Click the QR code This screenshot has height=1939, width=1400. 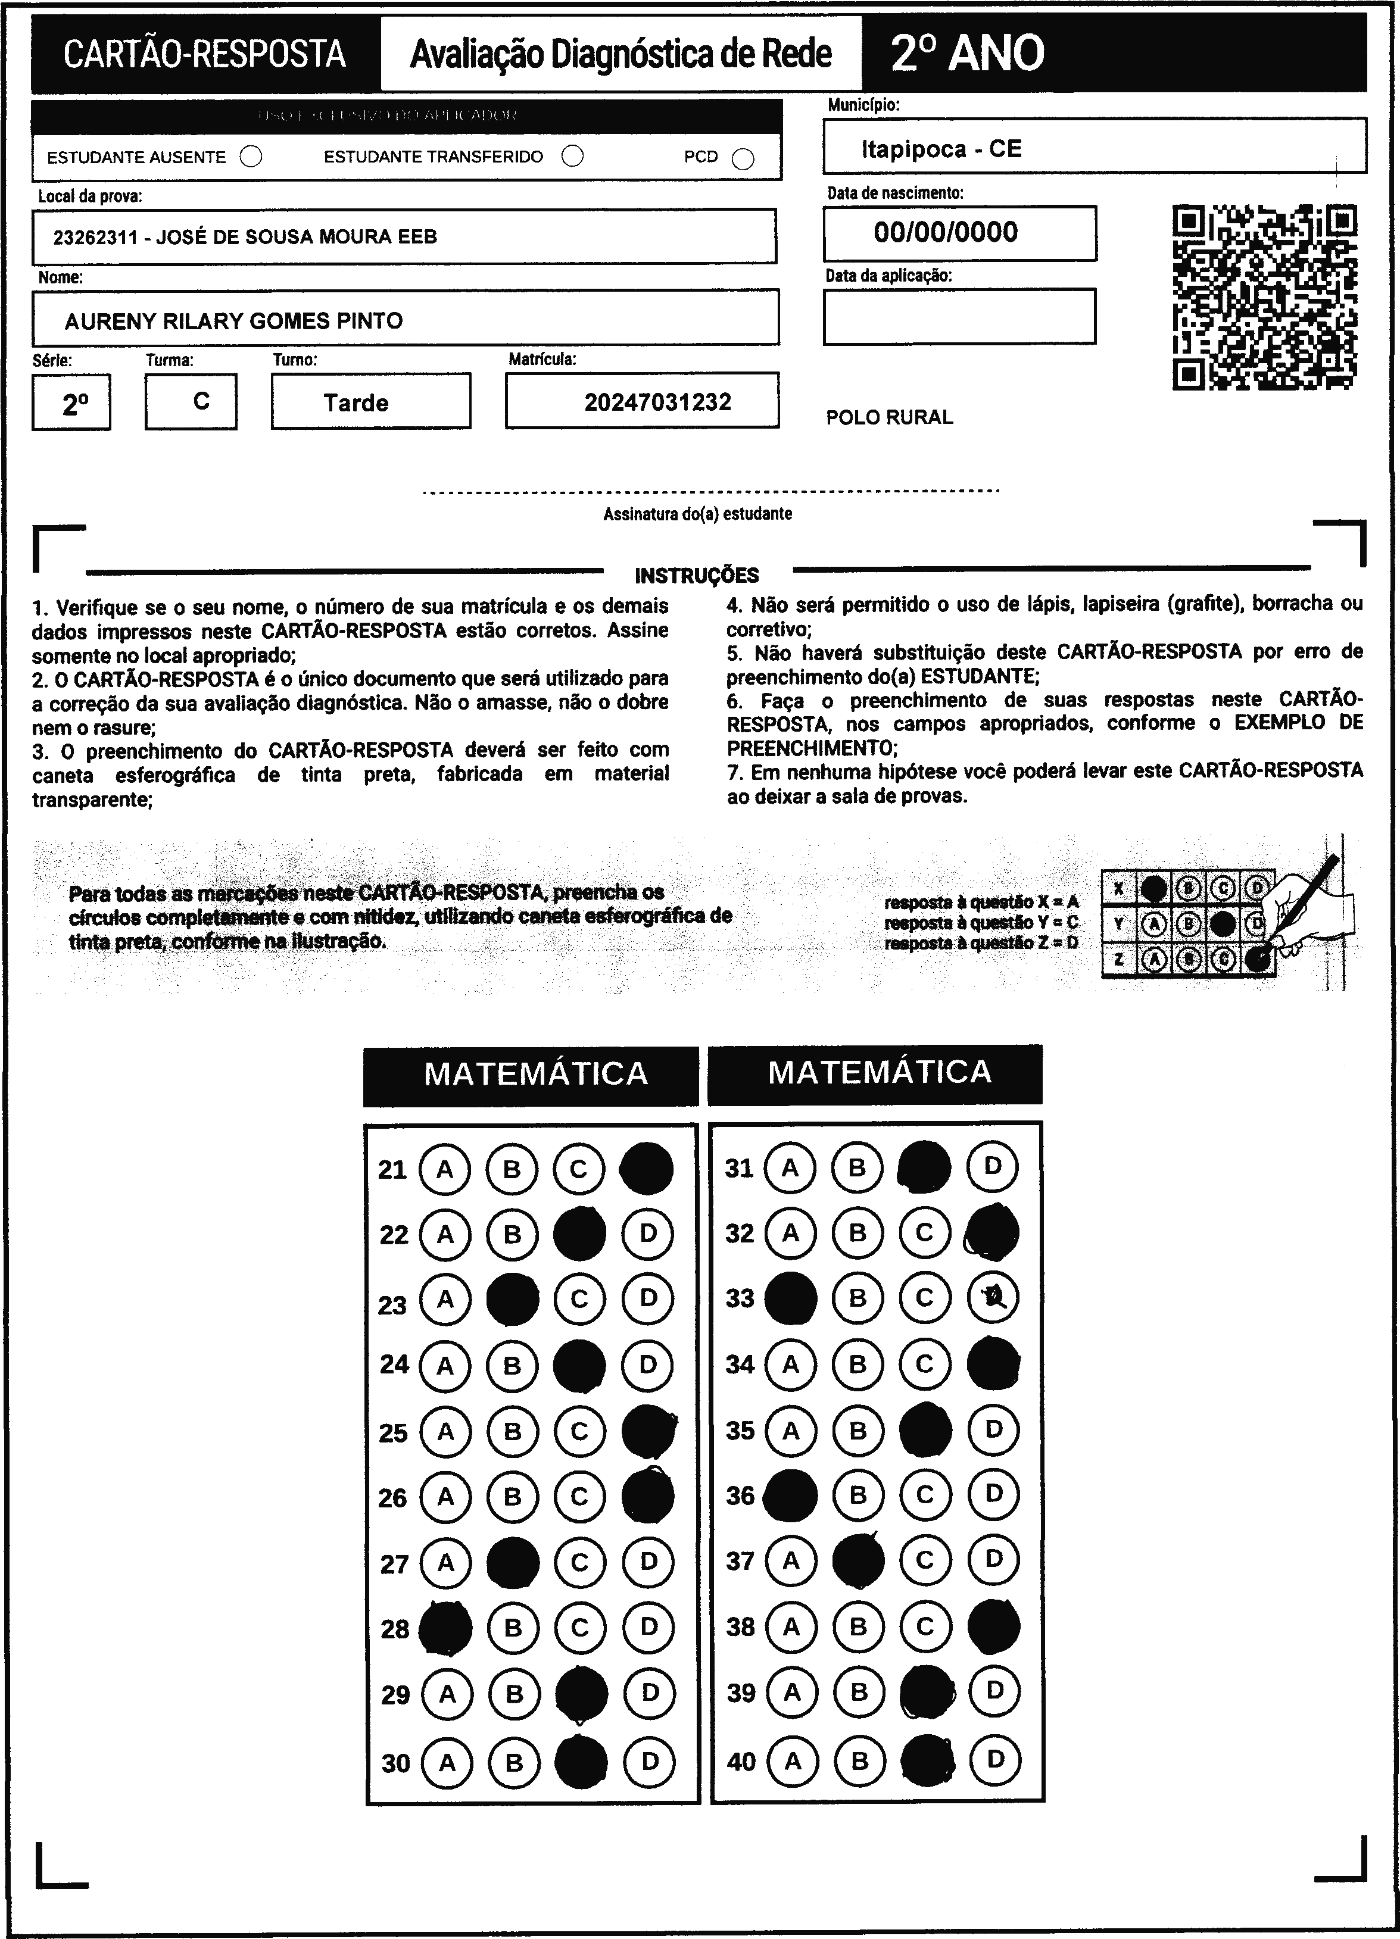pyautogui.click(x=1265, y=296)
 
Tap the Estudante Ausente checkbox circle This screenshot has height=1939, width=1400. pyautogui.click(x=251, y=157)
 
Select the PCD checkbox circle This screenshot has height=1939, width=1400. pyautogui.click(x=743, y=159)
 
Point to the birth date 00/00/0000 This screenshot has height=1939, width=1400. pyautogui.click(x=946, y=233)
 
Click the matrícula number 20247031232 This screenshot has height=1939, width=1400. pyautogui.click(x=657, y=402)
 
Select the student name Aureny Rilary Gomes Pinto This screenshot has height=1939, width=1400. pyautogui.click(x=233, y=321)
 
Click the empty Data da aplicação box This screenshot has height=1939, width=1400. pyautogui.click(x=959, y=316)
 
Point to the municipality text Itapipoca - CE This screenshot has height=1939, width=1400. pyautogui.click(x=941, y=149)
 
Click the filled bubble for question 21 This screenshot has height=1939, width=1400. pyautogui.click(x=646, y=1169)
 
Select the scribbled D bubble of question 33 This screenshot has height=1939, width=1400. pyautogui.click(x=993, y=1298)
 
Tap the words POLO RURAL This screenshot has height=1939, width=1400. pyautogui.click(x=890, y=417)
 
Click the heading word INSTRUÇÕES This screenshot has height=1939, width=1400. pyautogui.click(x=697, y=575)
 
